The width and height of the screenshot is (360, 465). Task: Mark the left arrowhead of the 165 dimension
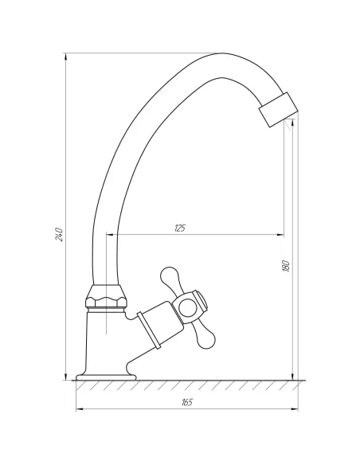tap(79, 410)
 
